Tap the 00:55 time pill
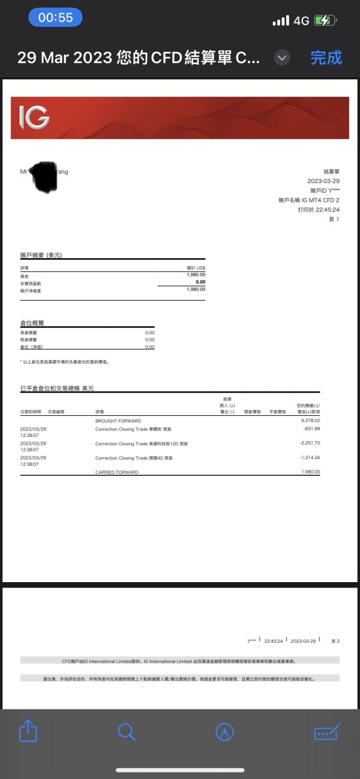[x=55, y=17]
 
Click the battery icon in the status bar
[x=325, y=20]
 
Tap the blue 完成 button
[x=326, y=58]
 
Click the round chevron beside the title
[x=282, y=58]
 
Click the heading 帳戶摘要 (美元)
[x=41, y=255]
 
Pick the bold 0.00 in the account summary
[x=200, y=281]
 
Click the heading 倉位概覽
[x=32, y=323]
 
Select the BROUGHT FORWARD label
[x=117, y=421]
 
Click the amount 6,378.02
[x=310, y=421]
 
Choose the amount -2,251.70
[x=310, y=443]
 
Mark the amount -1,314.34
[x=310, y=457]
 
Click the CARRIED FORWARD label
[x=117, y=472]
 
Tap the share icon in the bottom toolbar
[x=28, y=731]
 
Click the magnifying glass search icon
[x=127, y=732]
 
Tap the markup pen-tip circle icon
[x=224, y=732]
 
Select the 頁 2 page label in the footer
[x=335, y=641]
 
